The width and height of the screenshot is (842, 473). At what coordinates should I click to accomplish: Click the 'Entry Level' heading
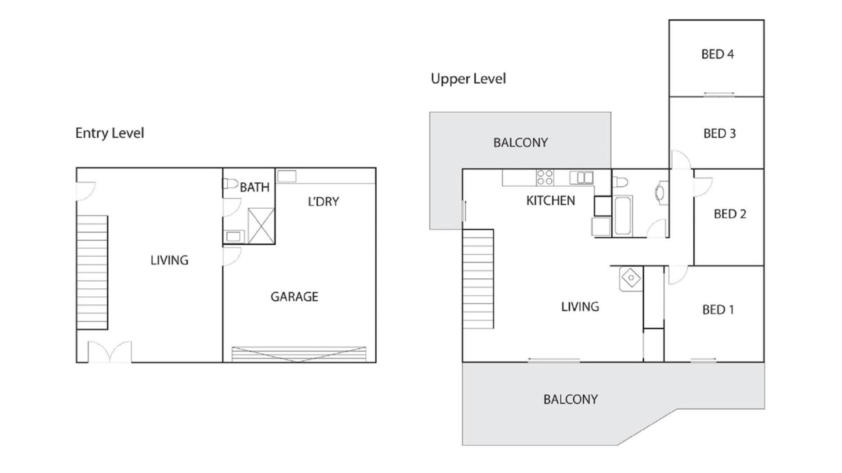pos(110,133)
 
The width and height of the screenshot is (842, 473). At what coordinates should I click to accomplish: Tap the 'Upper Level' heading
pos(468,79)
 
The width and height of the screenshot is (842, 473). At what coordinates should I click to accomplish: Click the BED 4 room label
pos(717,54)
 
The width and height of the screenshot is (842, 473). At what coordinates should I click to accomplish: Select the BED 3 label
pos(720,134)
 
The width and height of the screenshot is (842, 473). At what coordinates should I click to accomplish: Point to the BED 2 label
pos(730,214)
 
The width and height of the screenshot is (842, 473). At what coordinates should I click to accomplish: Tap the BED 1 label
pos(718,310)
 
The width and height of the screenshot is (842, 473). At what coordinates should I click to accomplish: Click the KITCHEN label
pos(550,201)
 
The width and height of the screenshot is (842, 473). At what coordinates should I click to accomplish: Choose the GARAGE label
pos(294,297)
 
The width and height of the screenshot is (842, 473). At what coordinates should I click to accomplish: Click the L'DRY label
pos(324,202)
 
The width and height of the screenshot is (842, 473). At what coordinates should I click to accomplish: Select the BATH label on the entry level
pos(254,188)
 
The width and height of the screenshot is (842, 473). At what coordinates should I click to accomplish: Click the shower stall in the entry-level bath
pos(261,226)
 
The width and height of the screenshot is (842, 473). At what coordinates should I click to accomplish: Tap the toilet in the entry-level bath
pos(230,183)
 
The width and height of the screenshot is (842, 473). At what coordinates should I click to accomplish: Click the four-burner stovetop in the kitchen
pos(545,178)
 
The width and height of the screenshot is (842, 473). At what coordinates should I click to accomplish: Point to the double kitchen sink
pos(582,178)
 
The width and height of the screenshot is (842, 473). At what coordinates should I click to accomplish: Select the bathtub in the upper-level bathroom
pos(623,216)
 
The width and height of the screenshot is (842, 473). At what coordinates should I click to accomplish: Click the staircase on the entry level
pos(92,272)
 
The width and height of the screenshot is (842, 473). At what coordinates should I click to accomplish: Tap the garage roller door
pos(299,354)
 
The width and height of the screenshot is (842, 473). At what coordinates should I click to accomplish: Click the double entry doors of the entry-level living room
pos(110,352)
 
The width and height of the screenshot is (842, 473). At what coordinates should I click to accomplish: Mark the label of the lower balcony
pos(570,399)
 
